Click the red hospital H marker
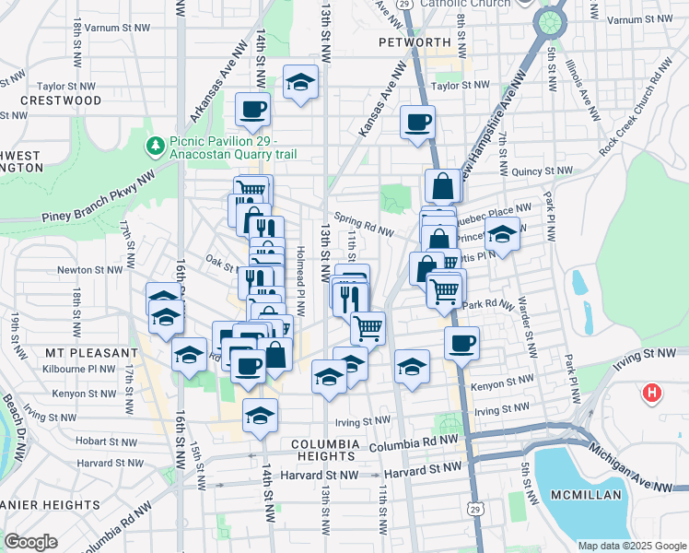(652, 394)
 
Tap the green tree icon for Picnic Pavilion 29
(155, 146)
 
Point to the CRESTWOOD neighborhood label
(60, 100)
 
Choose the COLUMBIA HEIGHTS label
(324, 444)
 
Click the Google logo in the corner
(30, 541)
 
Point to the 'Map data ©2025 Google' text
(631, 545)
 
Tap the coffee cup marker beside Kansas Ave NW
(417, 123)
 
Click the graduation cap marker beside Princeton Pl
(503, 235)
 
